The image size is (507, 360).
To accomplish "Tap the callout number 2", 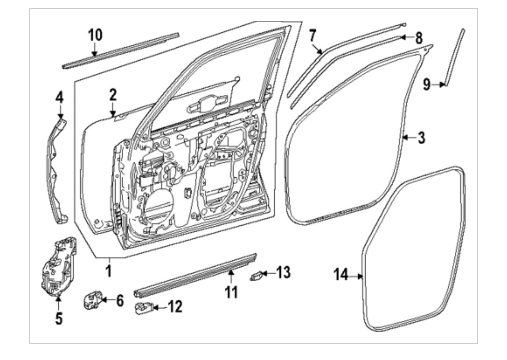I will (x=112, y=94).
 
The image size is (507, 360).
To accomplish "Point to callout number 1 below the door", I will (x=109, y=271).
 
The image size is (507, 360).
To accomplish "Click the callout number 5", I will (x=58, y=318).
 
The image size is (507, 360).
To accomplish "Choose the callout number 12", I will (x=175, y=307).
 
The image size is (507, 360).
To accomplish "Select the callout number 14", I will (x=341, y=275).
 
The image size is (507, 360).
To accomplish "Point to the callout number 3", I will (x=421, y=137).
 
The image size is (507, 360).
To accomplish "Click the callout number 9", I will (x=427, y=84).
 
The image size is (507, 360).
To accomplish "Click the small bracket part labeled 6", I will (x=93, y=299).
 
